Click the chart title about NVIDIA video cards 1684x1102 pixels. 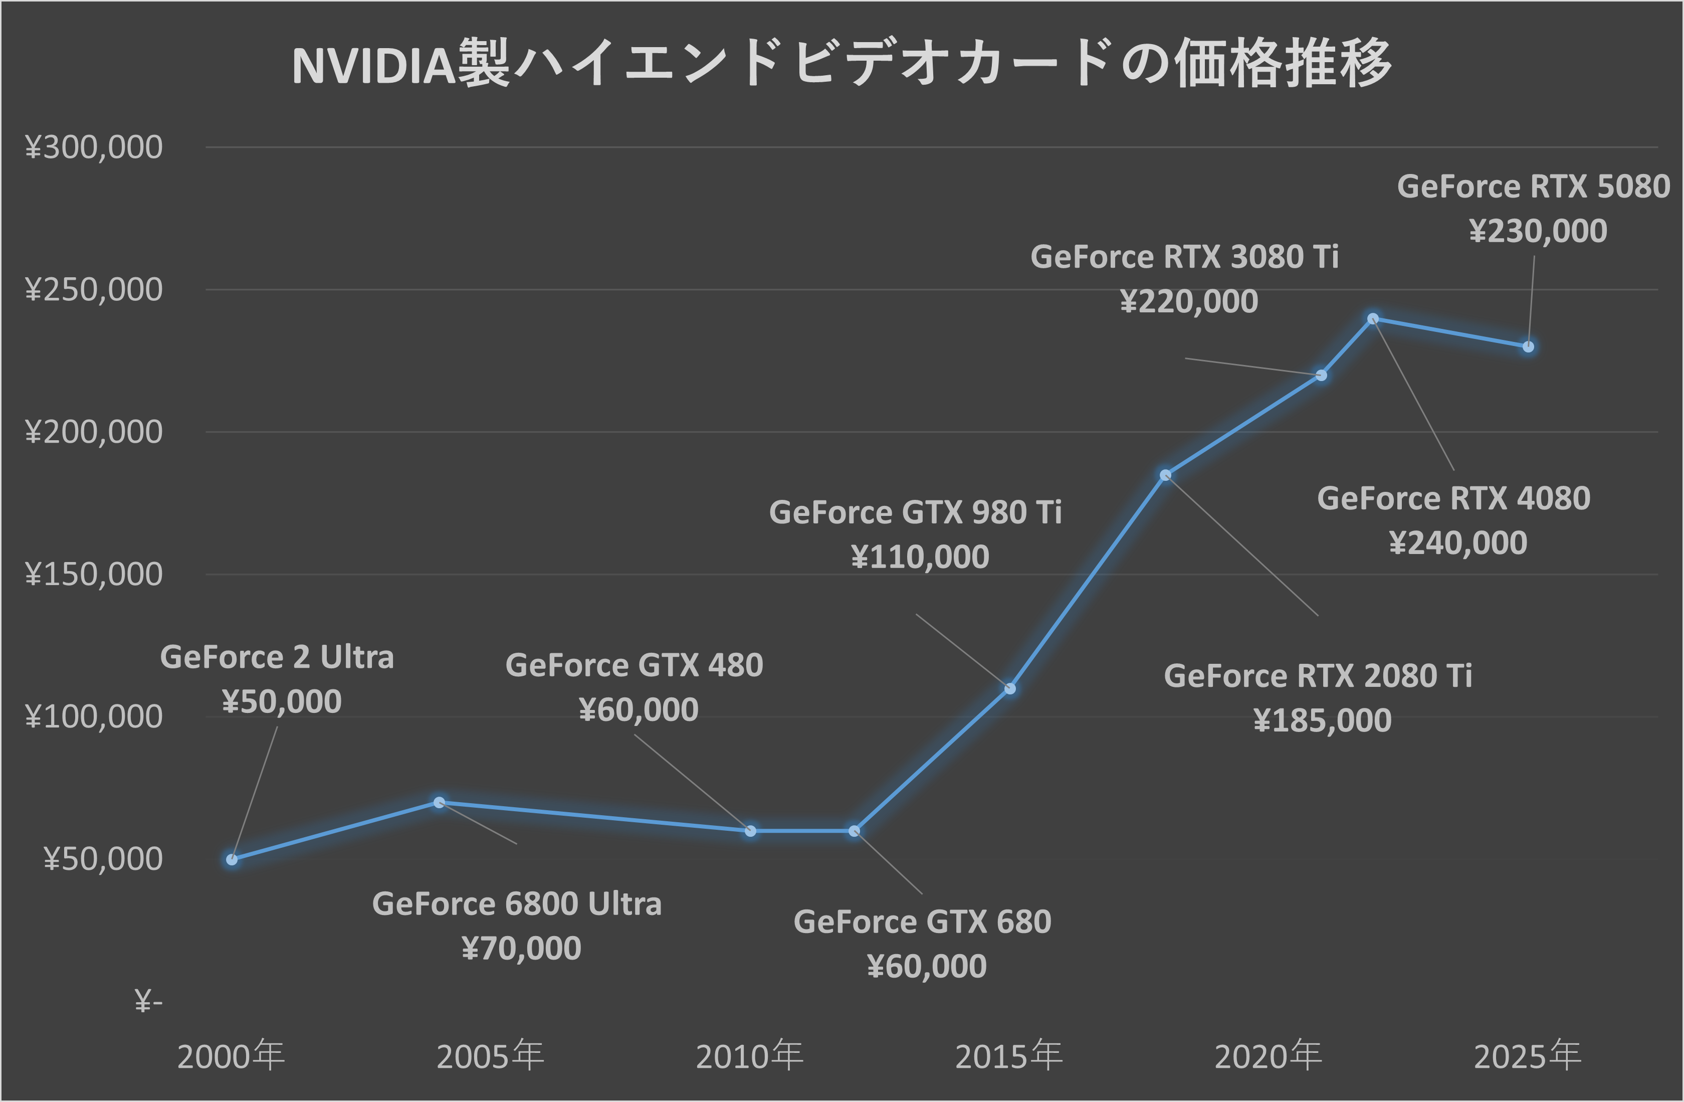click(x=842, y=65)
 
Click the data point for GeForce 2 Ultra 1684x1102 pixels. click(x=232, y=859)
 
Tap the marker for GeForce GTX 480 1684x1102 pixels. click(x=751, y=831)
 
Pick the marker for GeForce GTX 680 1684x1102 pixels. click(x=854, y=831)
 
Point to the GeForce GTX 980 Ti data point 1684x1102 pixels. click(x=1010, y=689)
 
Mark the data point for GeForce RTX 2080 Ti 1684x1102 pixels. click(x=1165, y=475)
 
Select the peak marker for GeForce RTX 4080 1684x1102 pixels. click(x=1373, y=318)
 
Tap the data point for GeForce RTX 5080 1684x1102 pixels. click(x=1528, y=347)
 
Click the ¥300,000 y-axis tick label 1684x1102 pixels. click(x=94, y=147)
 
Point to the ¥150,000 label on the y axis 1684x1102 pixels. click(x=94, y=574)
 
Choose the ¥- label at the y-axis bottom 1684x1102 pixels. click(x=148, y=1002)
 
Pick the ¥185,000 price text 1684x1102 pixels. click(x=1322, y=720)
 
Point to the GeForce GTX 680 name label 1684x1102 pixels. click(x=922, y=922)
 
